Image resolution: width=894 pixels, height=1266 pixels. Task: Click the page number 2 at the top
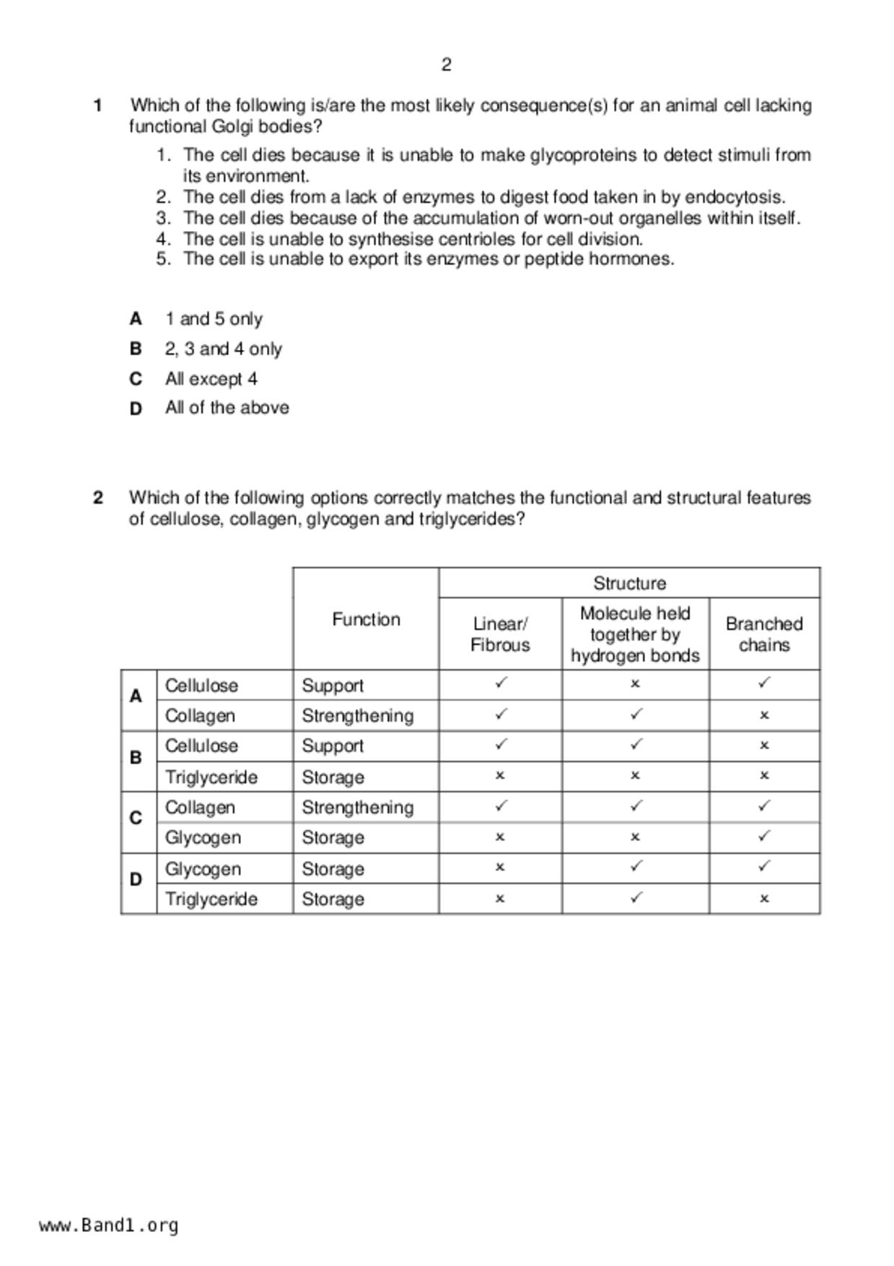click(x=446, y=65)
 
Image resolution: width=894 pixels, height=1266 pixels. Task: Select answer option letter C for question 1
click(x=135, y=379)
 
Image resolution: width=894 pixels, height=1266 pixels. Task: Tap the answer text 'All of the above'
click(x=227, y=408)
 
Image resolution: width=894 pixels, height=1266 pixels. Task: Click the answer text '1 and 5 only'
click(x=214, y=319)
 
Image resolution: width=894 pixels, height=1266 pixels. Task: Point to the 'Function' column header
click(x=366, y=619)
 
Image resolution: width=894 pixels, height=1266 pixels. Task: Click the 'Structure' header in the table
click(x=629, y=583)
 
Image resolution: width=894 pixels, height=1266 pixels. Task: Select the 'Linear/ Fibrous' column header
click(x=500, y=634)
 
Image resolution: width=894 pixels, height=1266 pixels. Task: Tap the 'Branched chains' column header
click(x=764, y=634)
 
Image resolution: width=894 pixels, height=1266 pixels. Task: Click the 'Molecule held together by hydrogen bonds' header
click(x=635, y=634)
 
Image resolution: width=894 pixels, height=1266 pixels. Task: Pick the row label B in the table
click(x=136, y=757)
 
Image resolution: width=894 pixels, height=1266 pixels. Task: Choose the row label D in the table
click(x=136, y=879)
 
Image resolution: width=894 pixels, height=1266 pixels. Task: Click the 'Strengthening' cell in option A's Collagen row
click(x=357, y=716)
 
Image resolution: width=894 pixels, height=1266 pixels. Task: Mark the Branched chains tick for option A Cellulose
click(x=764, y=682)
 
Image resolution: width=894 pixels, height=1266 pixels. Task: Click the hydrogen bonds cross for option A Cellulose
click(x=635, y=683)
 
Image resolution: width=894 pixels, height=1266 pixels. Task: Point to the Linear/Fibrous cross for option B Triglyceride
click(x=500, y=776)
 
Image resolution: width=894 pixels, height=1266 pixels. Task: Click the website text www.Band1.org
click(x=108, y=1226)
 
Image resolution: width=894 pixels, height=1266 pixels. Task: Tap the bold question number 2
click(x=98, y=498)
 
